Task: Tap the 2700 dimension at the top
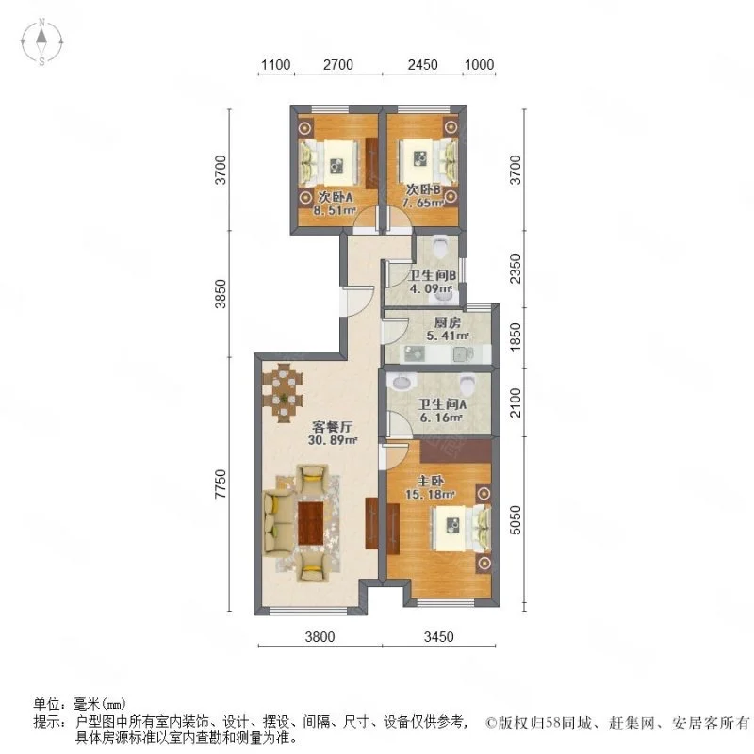pos(338,64)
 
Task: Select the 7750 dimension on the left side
pos(220,484)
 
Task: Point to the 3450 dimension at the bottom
pos(438,637)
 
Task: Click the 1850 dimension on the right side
pos(515,336)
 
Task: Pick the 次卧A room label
pos(336,197)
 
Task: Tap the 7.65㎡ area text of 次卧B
pos(422,203)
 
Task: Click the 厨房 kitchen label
pos(448,322)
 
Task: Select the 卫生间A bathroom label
pos(442,404)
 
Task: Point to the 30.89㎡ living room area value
pos(333,439)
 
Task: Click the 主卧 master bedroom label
pos(431,481)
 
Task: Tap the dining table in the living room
pos(284,393)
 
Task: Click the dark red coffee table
pos(310,523)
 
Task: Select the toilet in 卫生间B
pos(440,247)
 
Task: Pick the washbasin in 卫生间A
pos(402,384)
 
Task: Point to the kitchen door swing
pos(395,332)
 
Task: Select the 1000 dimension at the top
pos(479,64)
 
